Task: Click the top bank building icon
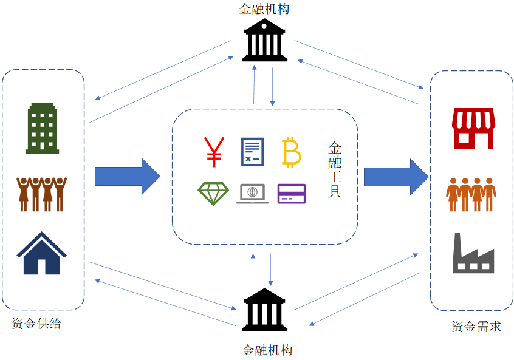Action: coord(264,41)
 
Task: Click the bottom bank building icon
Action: coord(264,310)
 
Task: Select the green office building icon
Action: coord(43,128)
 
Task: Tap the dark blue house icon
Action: coord(41,253)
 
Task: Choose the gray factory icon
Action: coord(473,253)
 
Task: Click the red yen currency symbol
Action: coord(213,152)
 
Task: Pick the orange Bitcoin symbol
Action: coord(292,152)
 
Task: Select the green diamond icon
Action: coord(213,193)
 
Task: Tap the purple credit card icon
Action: coord(292,193)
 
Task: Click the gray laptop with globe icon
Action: coord(252,193)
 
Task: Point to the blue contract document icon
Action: coord(252,152)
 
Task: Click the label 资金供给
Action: coord(36,324)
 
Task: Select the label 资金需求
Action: coord(476,326)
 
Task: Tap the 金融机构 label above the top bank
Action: coord(264,9)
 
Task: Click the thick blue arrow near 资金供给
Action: coord(127,177)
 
